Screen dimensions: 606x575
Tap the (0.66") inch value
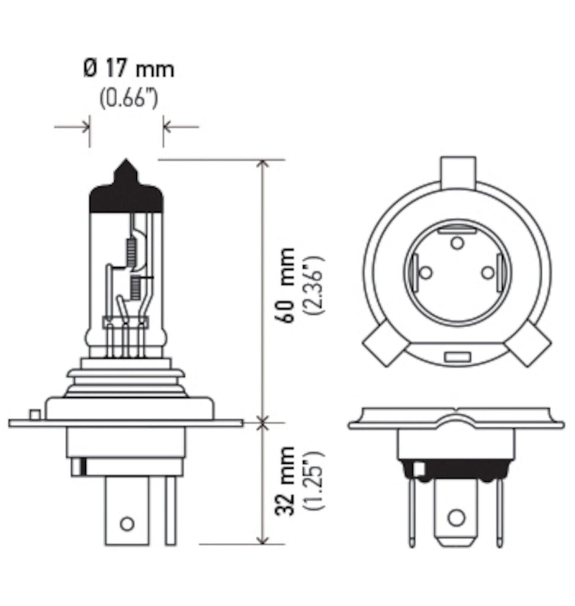(129, 98)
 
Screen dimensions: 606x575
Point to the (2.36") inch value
(313, 285)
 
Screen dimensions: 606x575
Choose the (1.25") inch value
(313, 481)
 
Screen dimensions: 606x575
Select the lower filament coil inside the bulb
(136, 288)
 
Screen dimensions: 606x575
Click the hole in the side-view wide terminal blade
(127, 523)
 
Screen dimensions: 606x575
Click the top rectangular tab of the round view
(458, 172)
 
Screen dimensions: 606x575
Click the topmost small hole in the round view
(457, 242)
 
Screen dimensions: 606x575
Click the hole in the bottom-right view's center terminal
(455, 517)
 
